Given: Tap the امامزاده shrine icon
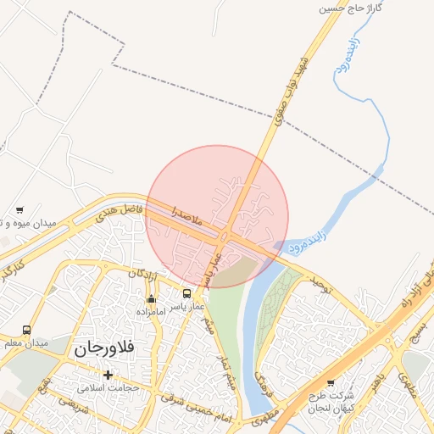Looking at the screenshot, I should point(152,298).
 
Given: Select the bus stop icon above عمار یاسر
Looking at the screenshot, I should point(186,294).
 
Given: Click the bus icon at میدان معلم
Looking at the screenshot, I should point(26,331).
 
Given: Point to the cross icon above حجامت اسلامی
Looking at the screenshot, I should point(108,375).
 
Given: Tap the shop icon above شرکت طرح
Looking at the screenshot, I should point(331,382).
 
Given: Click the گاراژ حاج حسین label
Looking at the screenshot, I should point(351,8).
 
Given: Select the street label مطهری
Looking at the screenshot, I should point(264,417).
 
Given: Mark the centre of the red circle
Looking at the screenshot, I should point(218,216).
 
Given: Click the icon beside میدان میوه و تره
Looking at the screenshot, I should point(19,209).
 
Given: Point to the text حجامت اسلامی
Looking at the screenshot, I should point(102,388).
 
